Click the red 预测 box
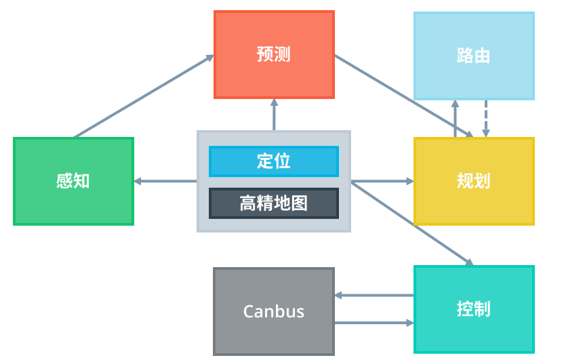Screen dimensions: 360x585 274,54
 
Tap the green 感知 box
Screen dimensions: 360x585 73,181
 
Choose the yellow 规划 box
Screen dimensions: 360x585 474,181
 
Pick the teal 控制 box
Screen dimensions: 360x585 474,309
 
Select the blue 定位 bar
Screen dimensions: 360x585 274,161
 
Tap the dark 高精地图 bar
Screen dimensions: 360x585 274,203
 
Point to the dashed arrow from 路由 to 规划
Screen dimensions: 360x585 485,119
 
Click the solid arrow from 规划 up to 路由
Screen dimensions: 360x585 456,119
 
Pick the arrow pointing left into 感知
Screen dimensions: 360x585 165,181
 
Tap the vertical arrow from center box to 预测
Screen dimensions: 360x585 274,115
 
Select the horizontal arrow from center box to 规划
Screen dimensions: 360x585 382,181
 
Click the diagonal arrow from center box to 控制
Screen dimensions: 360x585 412,223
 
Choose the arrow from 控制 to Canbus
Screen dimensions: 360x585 374,296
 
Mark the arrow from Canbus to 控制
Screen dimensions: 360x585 374,323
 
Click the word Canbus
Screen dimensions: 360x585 274,312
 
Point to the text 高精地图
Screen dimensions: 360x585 274,203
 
